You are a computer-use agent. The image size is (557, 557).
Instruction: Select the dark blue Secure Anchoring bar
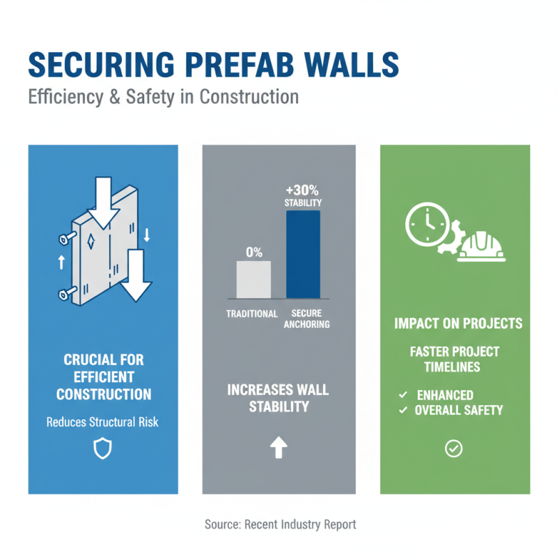[x=304, y=254]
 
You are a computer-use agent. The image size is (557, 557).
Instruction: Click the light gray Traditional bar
[x=254, y=279]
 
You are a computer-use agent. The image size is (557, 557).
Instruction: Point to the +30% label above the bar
[x=304, y=189]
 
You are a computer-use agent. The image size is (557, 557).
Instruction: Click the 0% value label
[x=254, y=252]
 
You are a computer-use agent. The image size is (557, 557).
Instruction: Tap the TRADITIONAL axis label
[x=252, y=313]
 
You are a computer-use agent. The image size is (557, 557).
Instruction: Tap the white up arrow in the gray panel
[x=278, y=448]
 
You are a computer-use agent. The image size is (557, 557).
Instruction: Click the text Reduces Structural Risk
[x=102, y=422]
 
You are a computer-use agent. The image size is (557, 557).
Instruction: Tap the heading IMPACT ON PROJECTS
[x=458, y=324]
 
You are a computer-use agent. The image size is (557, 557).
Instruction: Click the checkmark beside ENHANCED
[x=402, y=395]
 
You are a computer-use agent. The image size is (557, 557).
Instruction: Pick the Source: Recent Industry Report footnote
[x=280, y=524]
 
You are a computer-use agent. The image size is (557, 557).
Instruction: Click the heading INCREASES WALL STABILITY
[x=278, y=398]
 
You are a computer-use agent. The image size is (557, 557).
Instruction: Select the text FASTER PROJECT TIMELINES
[x=455, y=359]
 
